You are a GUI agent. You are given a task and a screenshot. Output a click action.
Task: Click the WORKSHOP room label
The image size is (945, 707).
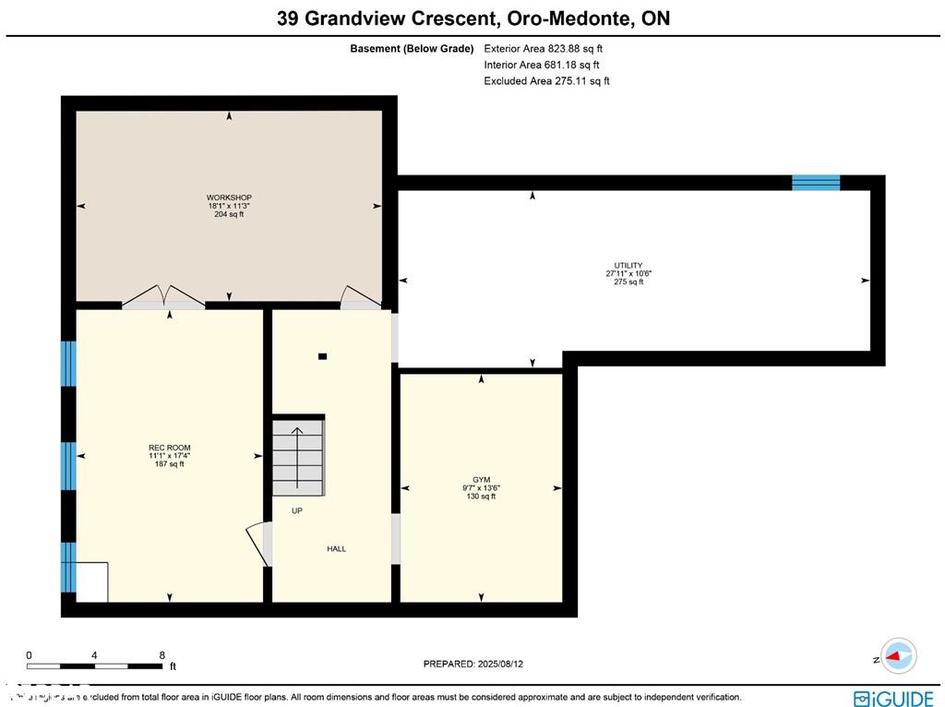click(229, 198)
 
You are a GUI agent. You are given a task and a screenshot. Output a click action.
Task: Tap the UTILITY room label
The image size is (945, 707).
click(628, 266)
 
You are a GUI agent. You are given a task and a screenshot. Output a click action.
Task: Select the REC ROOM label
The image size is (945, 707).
click(169, 449)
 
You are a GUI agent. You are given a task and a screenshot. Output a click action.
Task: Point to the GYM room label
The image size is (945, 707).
click(481, 480)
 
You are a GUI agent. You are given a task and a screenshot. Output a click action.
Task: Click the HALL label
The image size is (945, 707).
click(337, 549)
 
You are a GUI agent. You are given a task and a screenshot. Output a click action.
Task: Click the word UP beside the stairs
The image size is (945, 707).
click(297, 510)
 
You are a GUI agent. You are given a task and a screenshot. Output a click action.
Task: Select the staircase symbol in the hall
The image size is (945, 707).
click(298, 457)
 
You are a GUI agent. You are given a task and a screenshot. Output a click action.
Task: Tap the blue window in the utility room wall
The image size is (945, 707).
click(816, 182)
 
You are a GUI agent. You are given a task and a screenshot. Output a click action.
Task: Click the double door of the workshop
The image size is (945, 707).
click(163, 295)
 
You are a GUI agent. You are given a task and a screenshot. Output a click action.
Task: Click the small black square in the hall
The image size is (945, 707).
click(322, 355)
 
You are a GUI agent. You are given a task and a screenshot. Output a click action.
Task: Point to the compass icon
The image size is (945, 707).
click(898, 656)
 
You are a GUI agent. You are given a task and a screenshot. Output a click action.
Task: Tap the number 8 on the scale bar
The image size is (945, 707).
click(162, 655)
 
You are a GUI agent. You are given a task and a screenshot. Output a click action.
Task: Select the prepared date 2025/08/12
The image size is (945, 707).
click(479, 664)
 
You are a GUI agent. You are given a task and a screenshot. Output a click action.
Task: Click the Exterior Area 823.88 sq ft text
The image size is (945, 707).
click(544, 48)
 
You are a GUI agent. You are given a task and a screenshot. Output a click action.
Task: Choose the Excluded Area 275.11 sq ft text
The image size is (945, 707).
click(546, 81)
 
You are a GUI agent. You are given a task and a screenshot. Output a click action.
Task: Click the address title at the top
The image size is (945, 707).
click(473, 18)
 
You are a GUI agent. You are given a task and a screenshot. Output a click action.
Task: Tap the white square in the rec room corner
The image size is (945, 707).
click(91, 581)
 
